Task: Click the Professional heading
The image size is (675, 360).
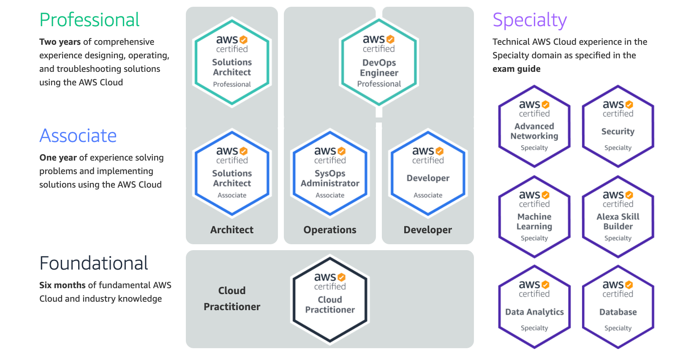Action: tap(89, 20)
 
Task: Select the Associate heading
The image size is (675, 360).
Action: tap(78, 136)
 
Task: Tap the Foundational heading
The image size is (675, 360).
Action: tap(93, 263)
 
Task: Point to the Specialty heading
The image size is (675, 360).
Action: tap(530, 20)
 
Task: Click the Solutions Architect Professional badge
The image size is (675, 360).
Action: tap(232, 62)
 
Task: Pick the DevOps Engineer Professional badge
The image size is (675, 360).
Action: tap(379, 62)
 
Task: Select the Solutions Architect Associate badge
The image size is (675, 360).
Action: tap(232, 173)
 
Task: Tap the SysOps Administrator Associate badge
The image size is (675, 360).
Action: tap(330, 173)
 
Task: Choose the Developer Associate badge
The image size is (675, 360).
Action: tap(428, 173)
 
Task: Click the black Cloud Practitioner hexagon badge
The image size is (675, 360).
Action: tap(330, 299)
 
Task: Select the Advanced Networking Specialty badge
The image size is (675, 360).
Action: tap(534, 126)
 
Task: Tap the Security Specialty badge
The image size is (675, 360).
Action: tap(618, 126)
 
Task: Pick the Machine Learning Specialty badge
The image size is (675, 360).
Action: tap(534, 217)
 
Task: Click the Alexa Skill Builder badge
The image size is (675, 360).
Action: tap(618, 217)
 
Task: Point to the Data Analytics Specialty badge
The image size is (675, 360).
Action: tap(534, 307)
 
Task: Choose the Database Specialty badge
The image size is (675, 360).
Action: tap(618, 307)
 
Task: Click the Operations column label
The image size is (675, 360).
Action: tap(330, 230)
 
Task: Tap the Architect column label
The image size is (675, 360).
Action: tap(232, 230)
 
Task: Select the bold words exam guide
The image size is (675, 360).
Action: tap(516, 69)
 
